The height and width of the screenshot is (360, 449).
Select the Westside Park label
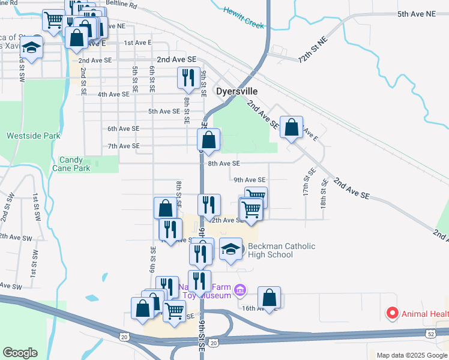(x=34, y=136)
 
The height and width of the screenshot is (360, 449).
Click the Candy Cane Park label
(x=74, y=164)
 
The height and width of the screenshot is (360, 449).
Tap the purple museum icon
(x=240, y=290)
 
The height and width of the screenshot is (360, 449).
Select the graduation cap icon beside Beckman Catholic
(x=231, y=250)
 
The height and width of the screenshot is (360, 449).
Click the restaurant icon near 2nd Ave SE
(x=188, y=77)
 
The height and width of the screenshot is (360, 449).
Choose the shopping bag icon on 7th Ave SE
(x=208, y=141)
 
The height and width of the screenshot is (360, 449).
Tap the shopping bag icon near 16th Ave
(x=270, y=297)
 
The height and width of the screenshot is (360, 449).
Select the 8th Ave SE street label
(x=224, y=163)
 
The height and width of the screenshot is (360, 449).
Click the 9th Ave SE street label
(x=249, y=180)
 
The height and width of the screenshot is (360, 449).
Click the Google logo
(x=20, y=353)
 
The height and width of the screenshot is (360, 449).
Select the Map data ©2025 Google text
(x=411, y=355)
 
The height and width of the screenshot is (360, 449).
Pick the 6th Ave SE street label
(x=123, y=128)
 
